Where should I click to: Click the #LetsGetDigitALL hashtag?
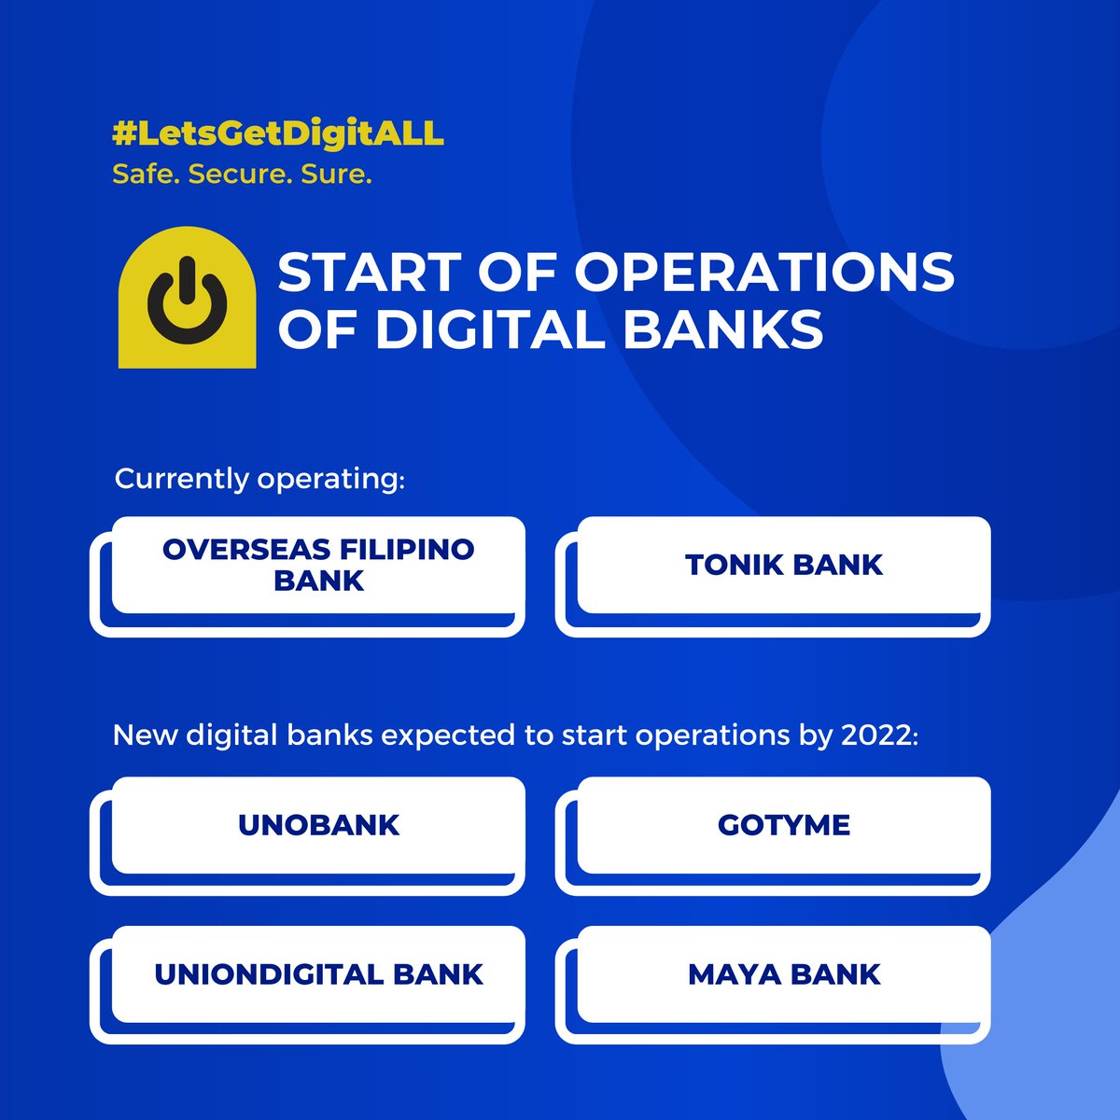click(x=278, y=133)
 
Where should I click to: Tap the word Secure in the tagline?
click(x=240, y=175)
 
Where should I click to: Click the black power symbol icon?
click(x=187, y=300)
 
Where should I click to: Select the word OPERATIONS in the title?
click(x=764, y=273)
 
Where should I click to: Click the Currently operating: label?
click(x=259, y=479)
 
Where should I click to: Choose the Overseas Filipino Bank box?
click(x=317, y=566)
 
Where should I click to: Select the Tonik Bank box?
click(x=783, y=566)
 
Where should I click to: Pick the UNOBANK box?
click(x=317, y=825)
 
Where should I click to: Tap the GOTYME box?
click(x=783, y=825)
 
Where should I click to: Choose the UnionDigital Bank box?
click(x=317, y=974)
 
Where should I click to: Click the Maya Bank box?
click(x=783, y=974)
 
